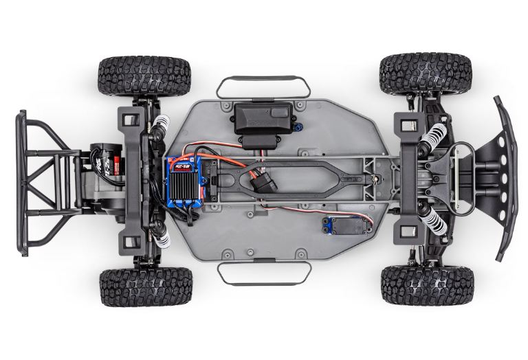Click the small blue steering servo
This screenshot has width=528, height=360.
pyautogui.click(x=335, y=228)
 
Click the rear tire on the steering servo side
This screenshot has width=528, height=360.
pyautogui.click(x=145, y=287)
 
